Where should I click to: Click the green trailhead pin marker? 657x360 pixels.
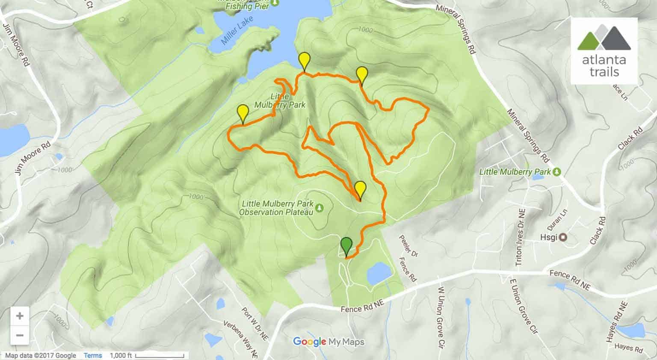(x=346, y=246)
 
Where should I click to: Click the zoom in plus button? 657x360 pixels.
(x=20, y=316)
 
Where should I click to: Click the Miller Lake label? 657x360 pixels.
(x=237, y=31)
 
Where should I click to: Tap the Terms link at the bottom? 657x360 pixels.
(x=93, y=355)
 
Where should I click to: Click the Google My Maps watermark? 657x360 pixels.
(x=328, y=342)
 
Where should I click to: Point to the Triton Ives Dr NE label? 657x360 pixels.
(x=521, y=237)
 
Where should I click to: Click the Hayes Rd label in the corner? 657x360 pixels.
(x=629, y=348)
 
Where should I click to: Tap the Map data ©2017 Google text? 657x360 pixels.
(x=41, y=355)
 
